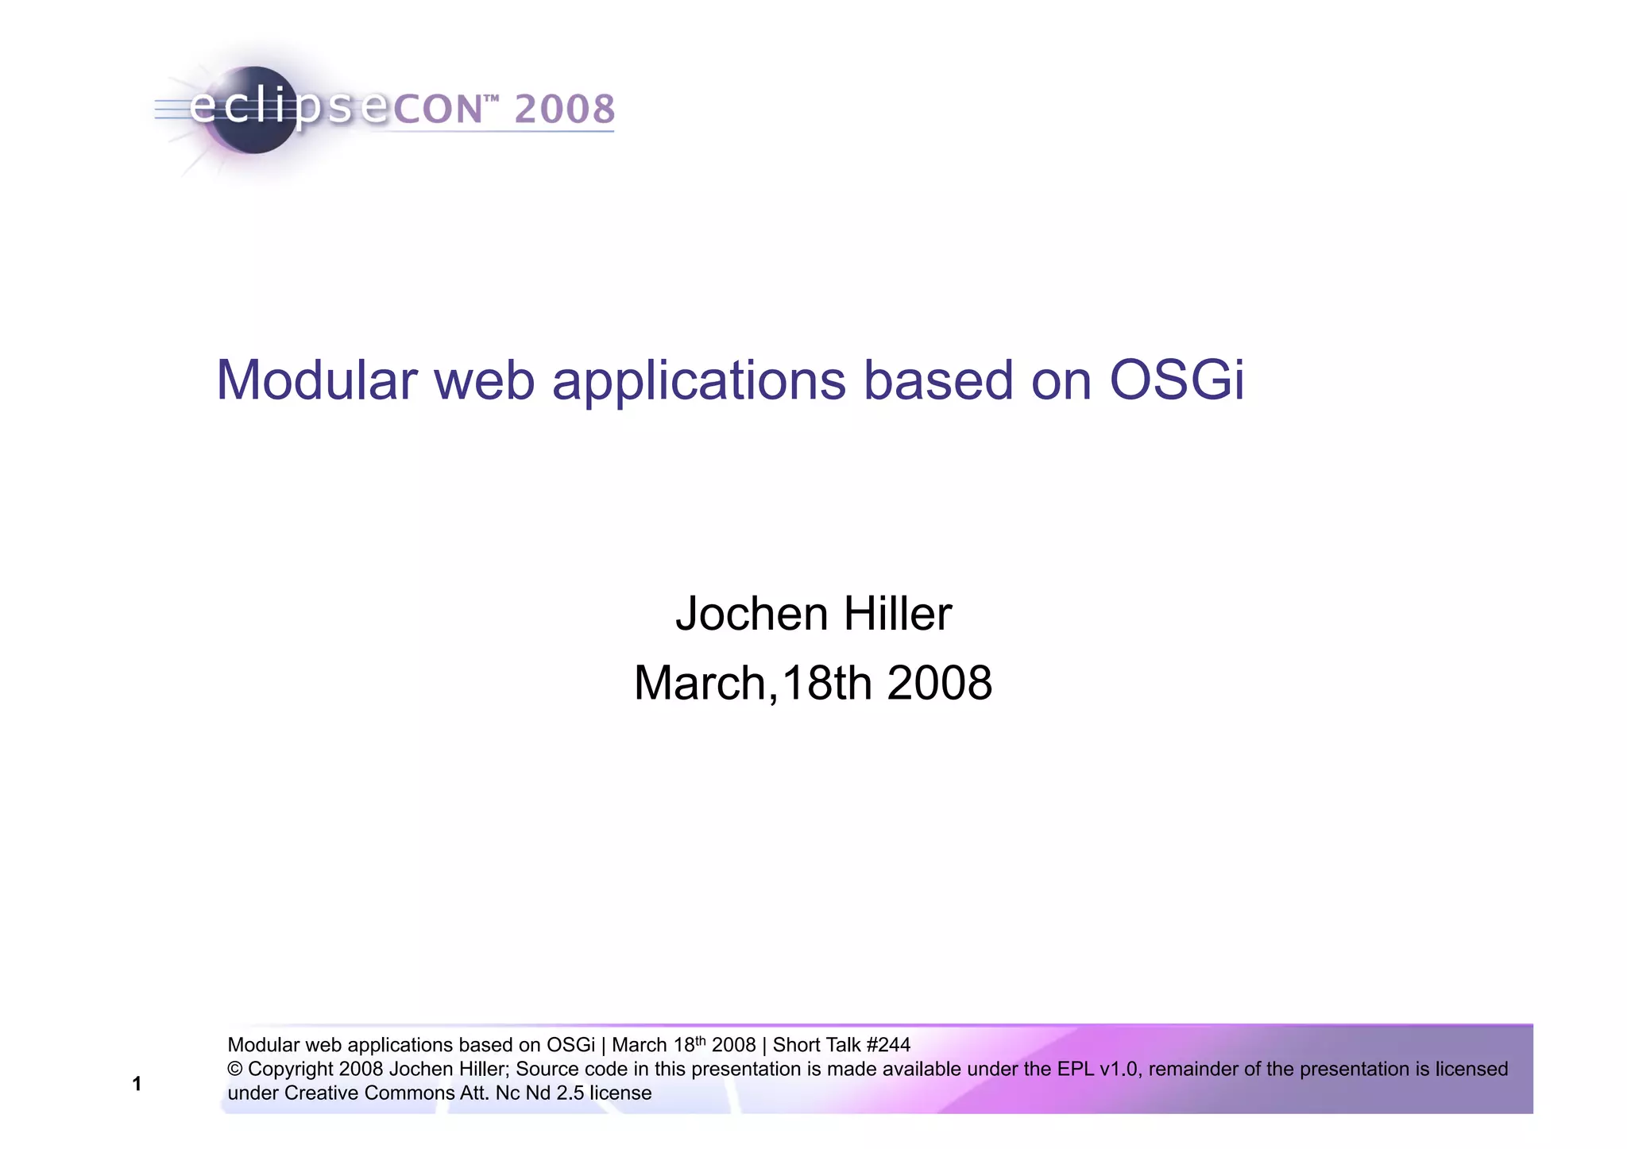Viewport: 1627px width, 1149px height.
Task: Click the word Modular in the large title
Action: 316,380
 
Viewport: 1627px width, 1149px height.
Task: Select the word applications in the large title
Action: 698,382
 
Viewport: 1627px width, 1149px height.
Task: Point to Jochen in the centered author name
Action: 751,615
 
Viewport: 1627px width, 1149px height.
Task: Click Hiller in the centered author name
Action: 897,615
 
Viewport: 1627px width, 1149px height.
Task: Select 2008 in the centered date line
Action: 939,684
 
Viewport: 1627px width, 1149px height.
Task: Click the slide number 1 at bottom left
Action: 137,1085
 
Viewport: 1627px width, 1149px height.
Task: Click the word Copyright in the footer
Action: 290,1070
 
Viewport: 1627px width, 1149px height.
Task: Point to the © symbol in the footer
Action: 234,1070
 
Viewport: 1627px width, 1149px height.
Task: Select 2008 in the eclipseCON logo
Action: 565,109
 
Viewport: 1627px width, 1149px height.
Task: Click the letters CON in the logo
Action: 438,110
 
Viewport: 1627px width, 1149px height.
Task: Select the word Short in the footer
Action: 796,1045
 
